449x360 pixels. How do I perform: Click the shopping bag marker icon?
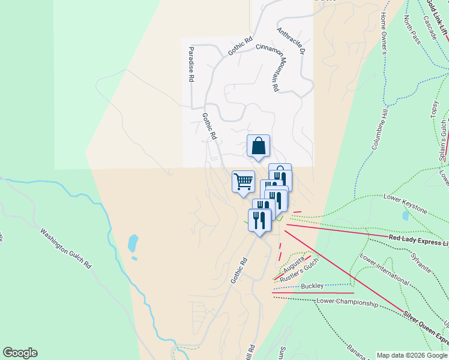tap(258, 146)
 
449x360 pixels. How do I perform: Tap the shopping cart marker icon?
tap(243, 181)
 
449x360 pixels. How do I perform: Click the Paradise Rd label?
tap(191, 64)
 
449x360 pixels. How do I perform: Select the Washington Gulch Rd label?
tap(66, 247)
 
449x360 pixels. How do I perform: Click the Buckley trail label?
tap(312, 286)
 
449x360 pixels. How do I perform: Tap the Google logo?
tap(20, 353)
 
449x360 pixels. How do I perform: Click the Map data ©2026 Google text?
tap(412, 355)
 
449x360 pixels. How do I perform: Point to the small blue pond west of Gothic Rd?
tap(133, 243)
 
